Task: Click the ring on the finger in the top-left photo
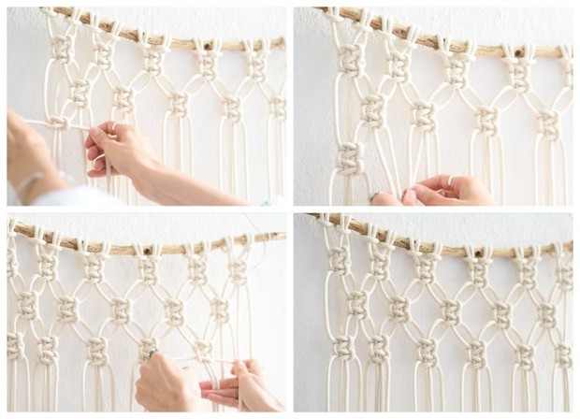click(x=114, y=128)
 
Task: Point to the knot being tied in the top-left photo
click(x=57, y=123)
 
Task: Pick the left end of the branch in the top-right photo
click(x=323, y=12)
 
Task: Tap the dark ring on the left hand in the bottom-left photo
click(x=152, y=354)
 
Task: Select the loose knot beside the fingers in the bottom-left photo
click(x=148, y=347)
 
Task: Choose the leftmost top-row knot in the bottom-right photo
click(x=339, y=259)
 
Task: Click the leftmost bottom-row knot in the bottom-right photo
click(x=342, y=348)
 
